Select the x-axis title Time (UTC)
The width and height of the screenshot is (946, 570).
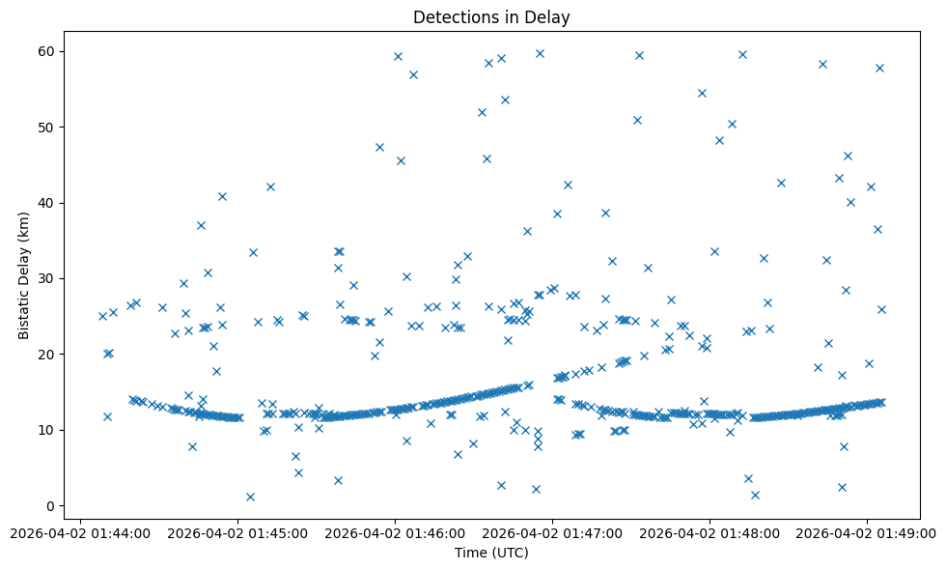[x=491, y=553]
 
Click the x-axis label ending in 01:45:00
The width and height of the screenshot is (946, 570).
[x=237, y=532]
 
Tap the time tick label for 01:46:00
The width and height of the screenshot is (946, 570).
[x=395, y=532]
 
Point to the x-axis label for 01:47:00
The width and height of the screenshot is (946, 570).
[x=552, y=532]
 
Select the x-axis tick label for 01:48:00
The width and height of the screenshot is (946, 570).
[x=709, y=532]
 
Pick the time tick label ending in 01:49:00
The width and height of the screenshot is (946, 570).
[x=867, y=532]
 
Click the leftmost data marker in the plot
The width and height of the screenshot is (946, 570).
[x=102, y=316]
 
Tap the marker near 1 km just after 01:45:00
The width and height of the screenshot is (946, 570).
[x=250, y=497]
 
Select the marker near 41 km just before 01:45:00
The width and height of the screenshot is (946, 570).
[x=222, y=196]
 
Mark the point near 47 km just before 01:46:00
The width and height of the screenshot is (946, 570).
[x=379, y=147]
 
